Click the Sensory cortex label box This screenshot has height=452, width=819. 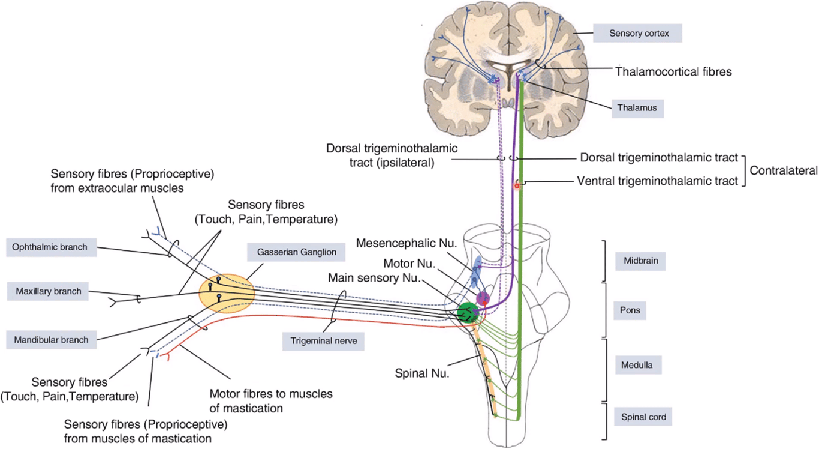[x=638, y=34]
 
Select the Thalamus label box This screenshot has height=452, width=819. [x=638, y=109]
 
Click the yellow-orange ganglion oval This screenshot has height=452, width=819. [x=227, y=294]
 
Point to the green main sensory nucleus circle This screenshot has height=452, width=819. [x=467, y=313]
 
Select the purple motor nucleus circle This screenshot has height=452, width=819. [x=483, y=298]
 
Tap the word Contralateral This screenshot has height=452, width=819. [x=781, y=170]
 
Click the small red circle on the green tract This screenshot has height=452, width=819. [x=516, y=187]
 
